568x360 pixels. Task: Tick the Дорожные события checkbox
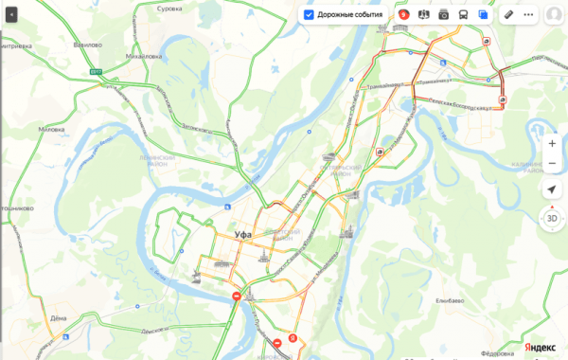[x=309, y=15]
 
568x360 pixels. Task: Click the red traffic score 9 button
[x=404, y=15]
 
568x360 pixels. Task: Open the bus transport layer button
[x=462, y=15]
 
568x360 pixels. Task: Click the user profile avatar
[x=553, y=15]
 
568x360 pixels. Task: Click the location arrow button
[x=552, y=190]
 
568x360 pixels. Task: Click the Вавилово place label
[x=87, y=45]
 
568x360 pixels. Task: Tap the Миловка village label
[x=50, y=128]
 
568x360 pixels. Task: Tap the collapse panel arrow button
[x=11, y=15]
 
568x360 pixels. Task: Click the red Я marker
[x=293, y=337]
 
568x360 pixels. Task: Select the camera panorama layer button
[x=443, y=15]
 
